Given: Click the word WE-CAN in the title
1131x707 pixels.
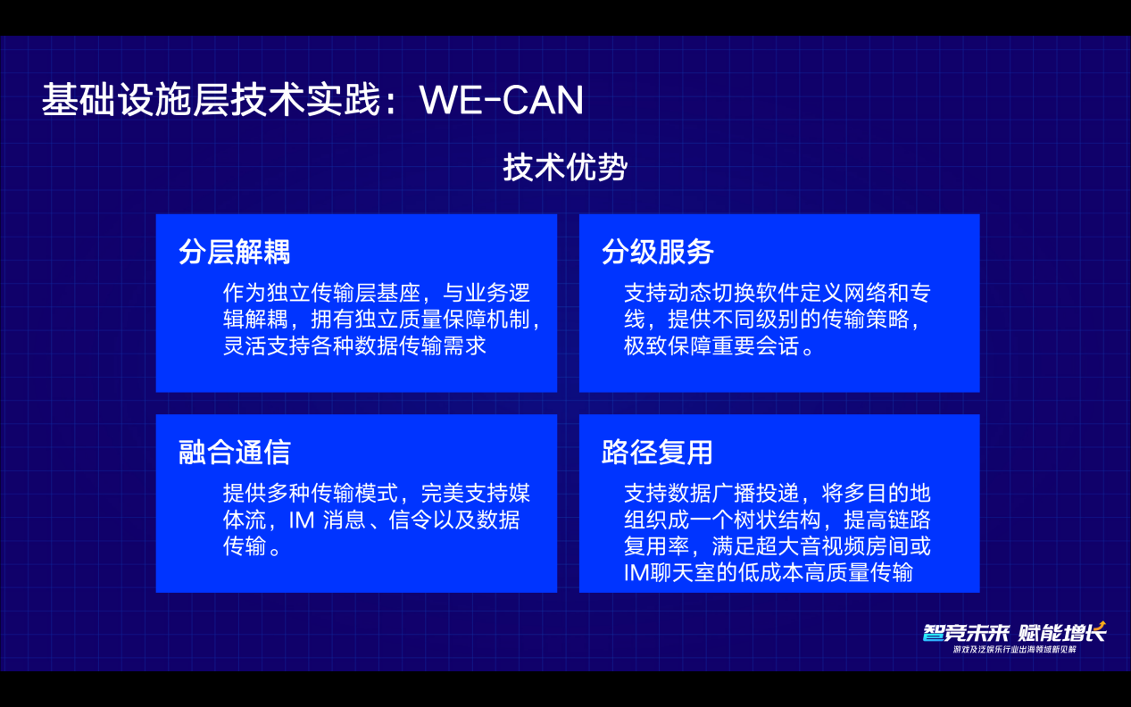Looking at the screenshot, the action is [502, 99].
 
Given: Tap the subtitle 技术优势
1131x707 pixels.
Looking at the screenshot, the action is [565, 167].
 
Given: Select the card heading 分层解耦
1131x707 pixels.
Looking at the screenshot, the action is [234, 252].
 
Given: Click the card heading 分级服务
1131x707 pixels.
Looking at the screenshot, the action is [657, 252].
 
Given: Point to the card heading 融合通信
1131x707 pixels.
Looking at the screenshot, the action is [234, 452].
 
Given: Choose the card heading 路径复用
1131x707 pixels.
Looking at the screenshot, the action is [657, 452].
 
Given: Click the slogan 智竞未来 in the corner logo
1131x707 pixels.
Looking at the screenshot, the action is [965, 633].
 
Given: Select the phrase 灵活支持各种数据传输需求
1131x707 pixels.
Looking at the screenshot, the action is [354, 346].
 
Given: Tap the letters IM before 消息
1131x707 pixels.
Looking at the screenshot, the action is [302, 520].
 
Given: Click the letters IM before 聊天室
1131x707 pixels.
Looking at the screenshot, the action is [636, 573].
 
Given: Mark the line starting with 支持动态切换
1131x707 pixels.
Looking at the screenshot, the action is [778, 293].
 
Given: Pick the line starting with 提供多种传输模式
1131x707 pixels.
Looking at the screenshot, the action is [377, 494].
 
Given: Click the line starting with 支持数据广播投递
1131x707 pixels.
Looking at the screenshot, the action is [778, 494].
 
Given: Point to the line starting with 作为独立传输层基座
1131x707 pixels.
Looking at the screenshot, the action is [377, 293].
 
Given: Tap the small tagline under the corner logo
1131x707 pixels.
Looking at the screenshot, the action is [1015, 650].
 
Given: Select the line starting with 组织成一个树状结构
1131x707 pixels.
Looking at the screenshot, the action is [778, 520].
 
